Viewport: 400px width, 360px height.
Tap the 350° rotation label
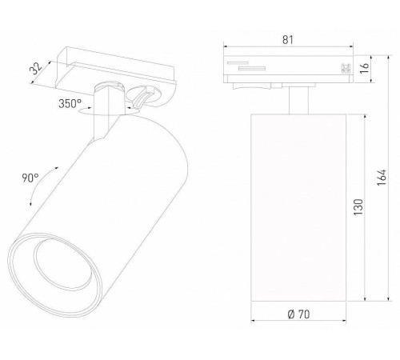[70, 104]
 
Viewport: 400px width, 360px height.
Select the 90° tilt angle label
[30, 178]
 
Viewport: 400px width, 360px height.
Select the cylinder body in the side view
[297, 208]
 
